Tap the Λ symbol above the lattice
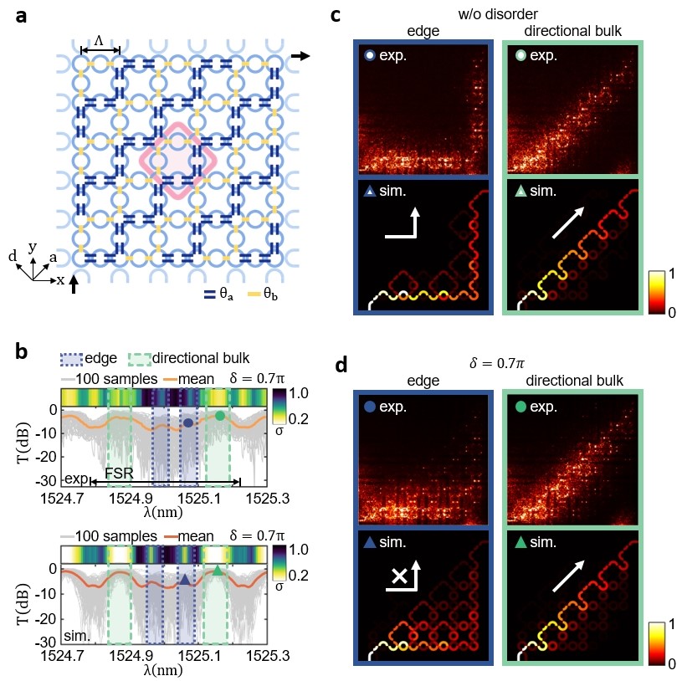99,41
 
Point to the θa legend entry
218,294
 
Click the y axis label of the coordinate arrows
32,246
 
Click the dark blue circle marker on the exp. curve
188,423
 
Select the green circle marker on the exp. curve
219,416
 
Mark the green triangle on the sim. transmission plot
218,571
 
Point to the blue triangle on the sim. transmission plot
185,579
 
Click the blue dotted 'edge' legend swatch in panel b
70,359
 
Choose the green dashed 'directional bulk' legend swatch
139,359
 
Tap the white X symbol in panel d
399,576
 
